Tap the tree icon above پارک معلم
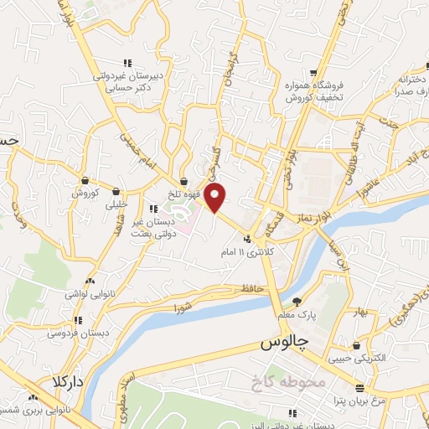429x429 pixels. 297,302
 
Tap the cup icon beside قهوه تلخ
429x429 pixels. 183,182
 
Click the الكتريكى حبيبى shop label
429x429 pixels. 358,359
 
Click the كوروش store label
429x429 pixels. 85,193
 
